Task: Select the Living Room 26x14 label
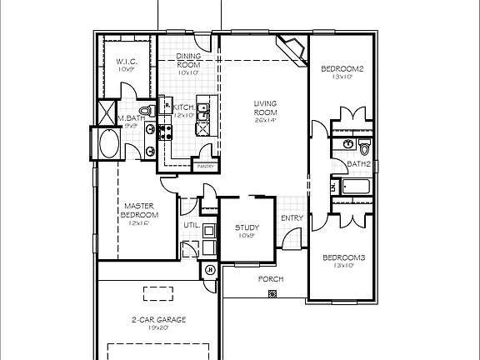tap(265, 108)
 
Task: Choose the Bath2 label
tap(358, 164)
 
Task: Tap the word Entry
tap(292, 218)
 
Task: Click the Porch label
tap(270, 279)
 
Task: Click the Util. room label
tap(190, 225)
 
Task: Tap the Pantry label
tap(205, 167)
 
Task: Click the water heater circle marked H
tap(209, 269)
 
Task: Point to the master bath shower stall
tap(108, 112)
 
